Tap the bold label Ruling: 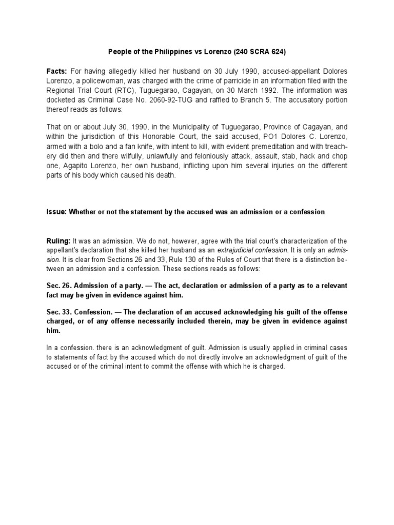(59, 240)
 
